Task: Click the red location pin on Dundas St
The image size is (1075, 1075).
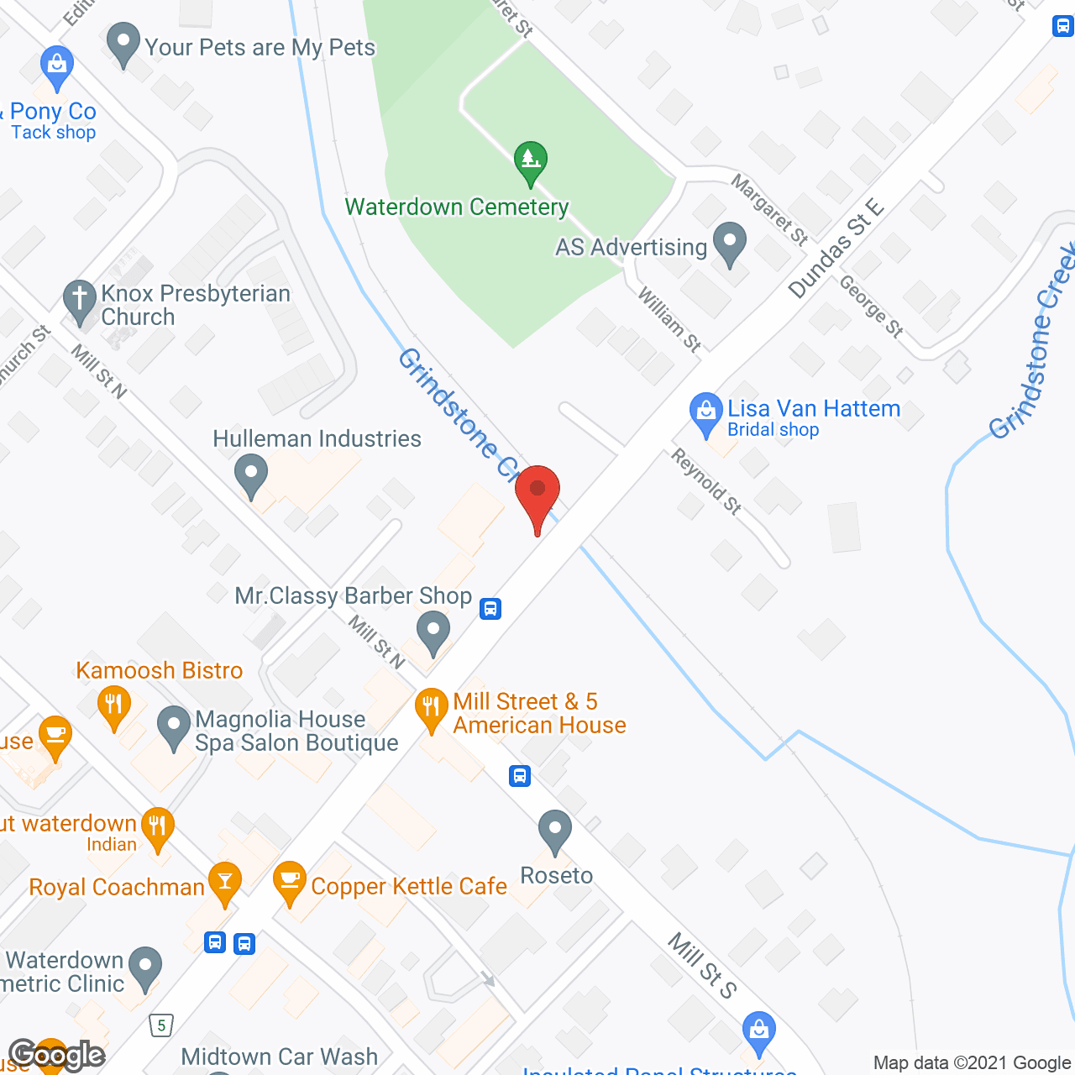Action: pos(537,491)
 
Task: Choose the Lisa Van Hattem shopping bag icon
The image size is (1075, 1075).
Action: pos(705,412)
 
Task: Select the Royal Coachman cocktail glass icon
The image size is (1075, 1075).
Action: pos(224,882)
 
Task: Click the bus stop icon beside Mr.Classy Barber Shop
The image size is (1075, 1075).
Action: pos(490,608)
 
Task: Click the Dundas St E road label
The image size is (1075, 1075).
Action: pos(836,249)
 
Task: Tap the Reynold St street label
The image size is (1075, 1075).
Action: pos(706,481)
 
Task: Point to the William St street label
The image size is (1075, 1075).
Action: pos(669,319)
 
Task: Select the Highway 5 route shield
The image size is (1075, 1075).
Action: pos(161,1025)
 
